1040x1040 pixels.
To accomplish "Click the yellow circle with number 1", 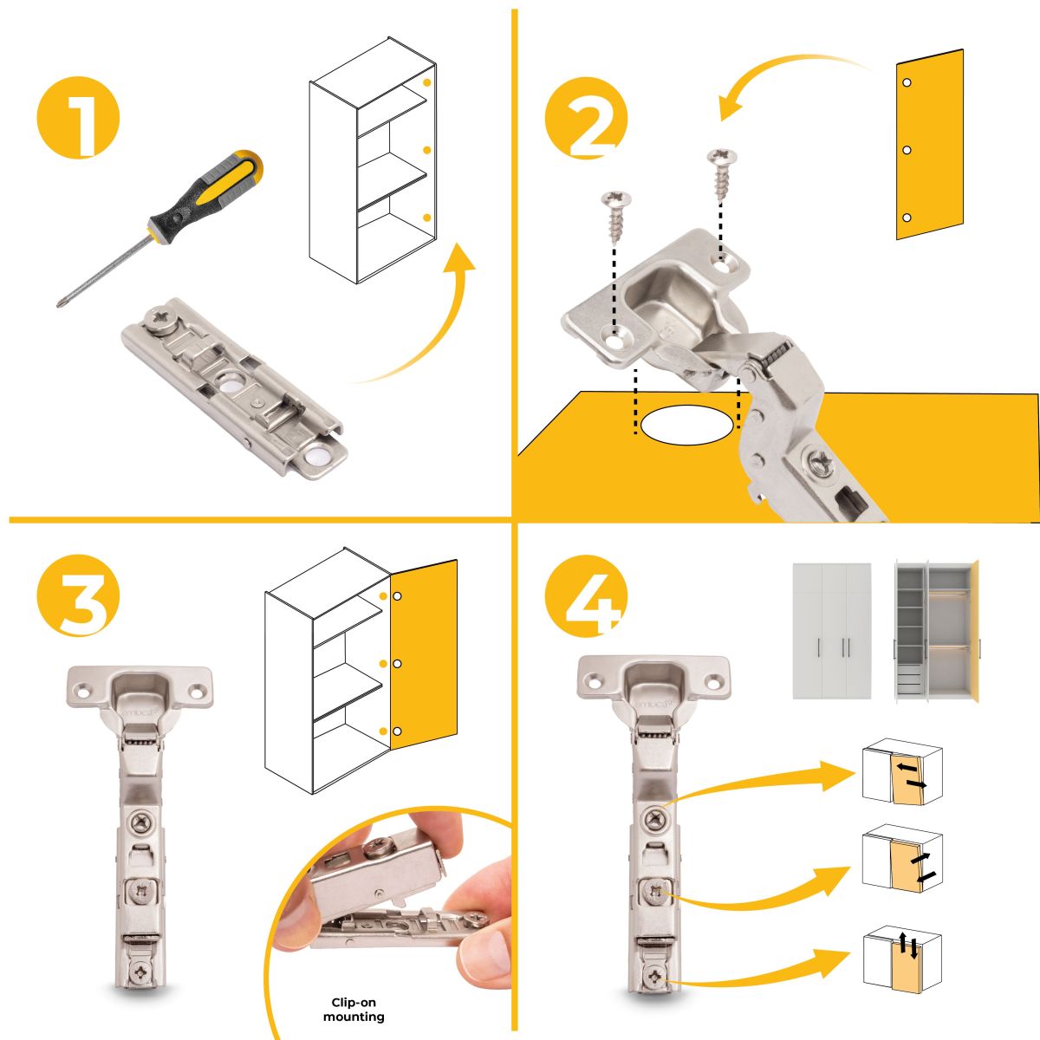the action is (x=78, y=118).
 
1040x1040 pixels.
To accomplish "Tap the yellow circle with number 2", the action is (x=586, y=118).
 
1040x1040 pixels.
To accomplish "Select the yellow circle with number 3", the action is (x=78, y=595).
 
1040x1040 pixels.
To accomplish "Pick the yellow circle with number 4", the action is (x=586, y=595).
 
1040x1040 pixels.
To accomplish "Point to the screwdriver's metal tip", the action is (x=59, y=304).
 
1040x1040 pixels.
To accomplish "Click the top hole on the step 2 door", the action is (x=907, y=82).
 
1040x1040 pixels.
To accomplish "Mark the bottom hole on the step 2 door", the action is (x=907, y=218).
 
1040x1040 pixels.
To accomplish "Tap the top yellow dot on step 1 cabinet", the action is (x=427, y=82).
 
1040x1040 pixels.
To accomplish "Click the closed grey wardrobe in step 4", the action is (x=832, y=631).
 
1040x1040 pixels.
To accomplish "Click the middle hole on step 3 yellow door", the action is (x=397, y=663).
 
